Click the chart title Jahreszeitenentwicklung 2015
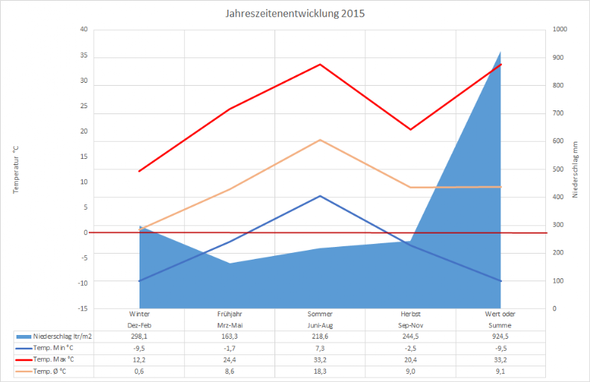pyautogui.click(x=295, y=13)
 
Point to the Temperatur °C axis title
pyautogui.click(x=15, y=169)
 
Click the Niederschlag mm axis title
pyautogui.click(x=575, y=169)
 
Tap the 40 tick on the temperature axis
pyautogui.click(x=84, y=30)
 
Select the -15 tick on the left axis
pyautogui.click(x=82, y=308)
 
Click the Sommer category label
pyautogui.click(x=320, y=314)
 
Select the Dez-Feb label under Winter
pyautogui.click(x=139, y=325)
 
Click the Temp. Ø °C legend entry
pyautogui.click(x=52, y=371)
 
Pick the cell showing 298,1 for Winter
pyautogui.click(x=139, y=336)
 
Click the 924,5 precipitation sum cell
pyautogui.click(x=500, y=336)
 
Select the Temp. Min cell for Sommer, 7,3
pyautogui.click(x=320, y=348)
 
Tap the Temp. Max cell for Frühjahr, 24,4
pyautogui.click(x=229, y=359)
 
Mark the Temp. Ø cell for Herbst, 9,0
pyautogui.click(x=410, y=371)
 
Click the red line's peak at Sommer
pyautogui.click(x=320, y=64)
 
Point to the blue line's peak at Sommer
pyautogui.click(x=320, y=196)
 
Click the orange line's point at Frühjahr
pyautogui.click(x=230, y=190)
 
